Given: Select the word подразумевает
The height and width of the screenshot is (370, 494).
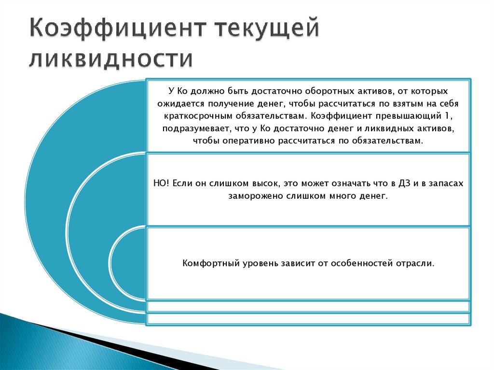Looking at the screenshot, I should tap(191, 128).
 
